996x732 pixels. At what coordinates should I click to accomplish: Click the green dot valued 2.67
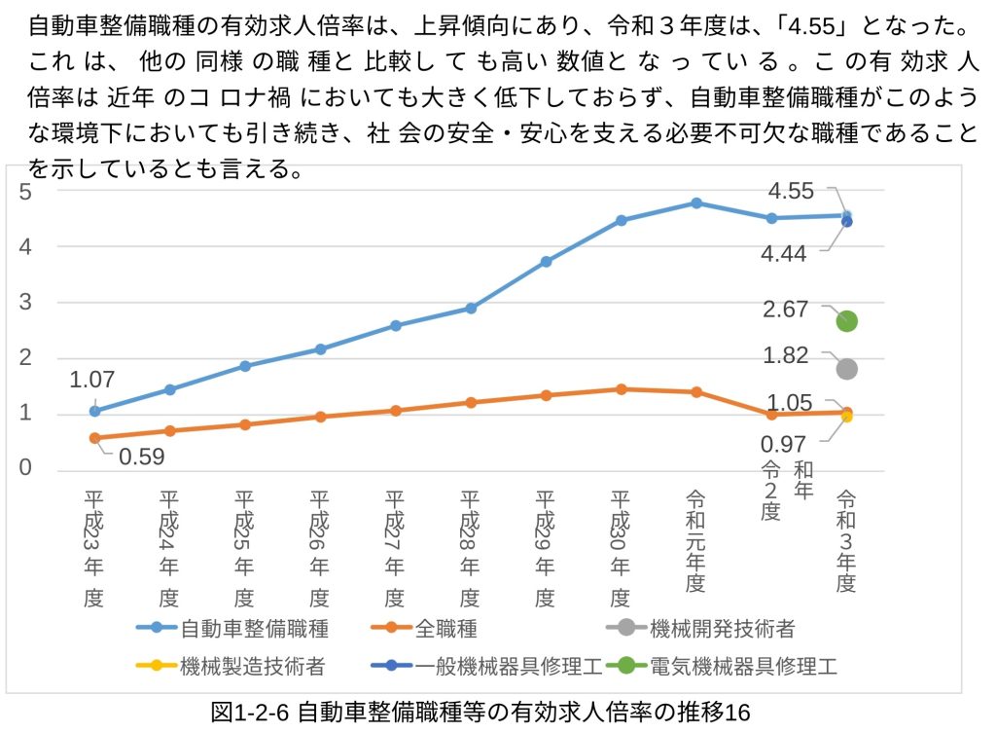tap(846, 321)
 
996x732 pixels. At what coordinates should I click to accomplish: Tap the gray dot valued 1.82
tap(846, 369)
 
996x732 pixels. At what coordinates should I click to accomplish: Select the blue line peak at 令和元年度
tap(696, 202)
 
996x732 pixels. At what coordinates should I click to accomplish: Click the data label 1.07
tap(91, 380)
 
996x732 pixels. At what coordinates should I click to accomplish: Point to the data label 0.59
tap(142, 456)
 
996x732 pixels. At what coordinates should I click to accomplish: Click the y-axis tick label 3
tap(26, 303)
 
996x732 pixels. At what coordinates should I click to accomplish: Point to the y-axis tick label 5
tap(26, 192)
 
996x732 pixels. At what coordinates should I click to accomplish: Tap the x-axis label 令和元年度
tap(695, 540)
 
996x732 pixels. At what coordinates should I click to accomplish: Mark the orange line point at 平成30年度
tap(621, 389)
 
